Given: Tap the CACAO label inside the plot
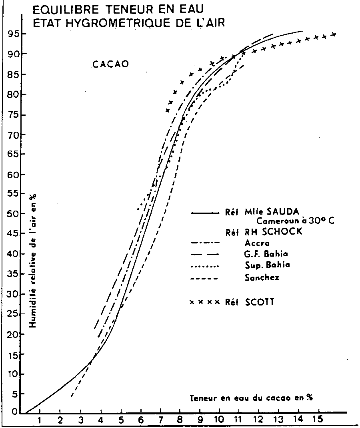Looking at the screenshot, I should tap(110, 64).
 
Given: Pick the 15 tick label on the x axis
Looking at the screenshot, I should tap(318, 420).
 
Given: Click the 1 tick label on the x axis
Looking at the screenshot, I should tap(40, 420).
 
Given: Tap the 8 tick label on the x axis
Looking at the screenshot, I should tap(180, 420).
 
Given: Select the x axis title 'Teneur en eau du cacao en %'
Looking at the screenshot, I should tap(251, 398).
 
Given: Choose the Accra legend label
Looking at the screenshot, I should tap(257, 243).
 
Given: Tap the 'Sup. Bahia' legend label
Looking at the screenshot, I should tap(267, 265).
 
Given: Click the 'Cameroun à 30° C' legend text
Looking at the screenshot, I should tap(295, 221).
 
